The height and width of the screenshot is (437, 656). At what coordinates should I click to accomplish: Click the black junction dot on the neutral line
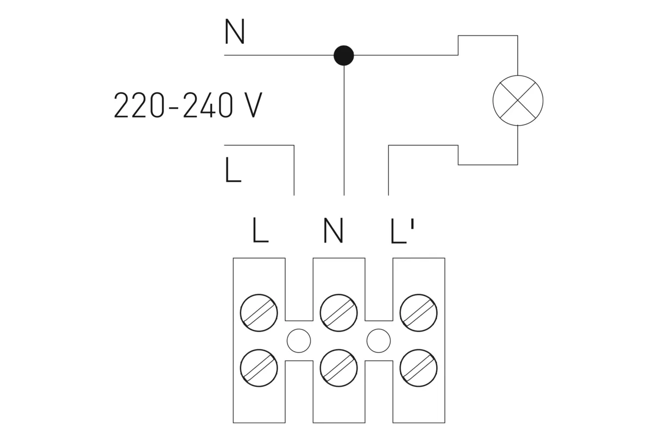tap(344, 55)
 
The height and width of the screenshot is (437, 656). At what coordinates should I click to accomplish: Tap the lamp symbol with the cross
tap(518, 101)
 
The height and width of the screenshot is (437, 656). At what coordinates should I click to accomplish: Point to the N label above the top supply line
tap(235, 32)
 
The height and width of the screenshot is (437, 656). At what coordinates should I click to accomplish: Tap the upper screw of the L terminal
tap(259, 312)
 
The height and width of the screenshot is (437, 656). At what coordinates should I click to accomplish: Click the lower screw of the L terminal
tap(259, 368)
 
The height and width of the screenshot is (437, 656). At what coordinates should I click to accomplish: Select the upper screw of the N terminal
tap(339, 312)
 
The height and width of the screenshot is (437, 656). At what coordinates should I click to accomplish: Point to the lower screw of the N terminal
tap(339, 368)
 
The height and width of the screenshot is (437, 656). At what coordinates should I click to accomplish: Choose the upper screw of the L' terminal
tap(418, 312)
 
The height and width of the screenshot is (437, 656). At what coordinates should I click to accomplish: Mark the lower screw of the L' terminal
tap(418, 368)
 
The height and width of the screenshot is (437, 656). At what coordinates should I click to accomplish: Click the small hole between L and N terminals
tap(299, 341)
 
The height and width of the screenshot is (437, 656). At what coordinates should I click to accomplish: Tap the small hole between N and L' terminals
tap(378, 341)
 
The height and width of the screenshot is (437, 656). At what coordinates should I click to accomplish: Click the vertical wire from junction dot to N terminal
tap(344, 131)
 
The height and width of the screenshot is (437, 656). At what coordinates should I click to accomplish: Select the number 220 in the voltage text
tap(138, 105)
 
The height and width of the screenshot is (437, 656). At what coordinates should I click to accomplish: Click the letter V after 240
tap(251, 105)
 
